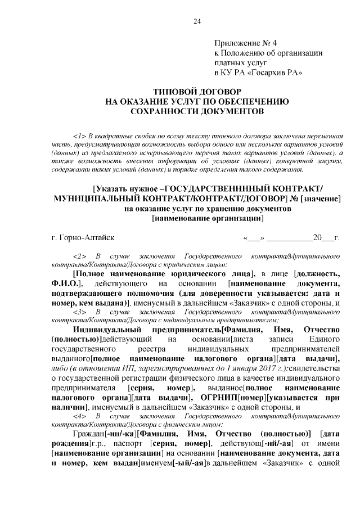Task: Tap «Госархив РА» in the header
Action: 275,73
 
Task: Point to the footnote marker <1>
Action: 79,136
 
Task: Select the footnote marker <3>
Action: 79,311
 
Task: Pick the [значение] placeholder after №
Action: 321,199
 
